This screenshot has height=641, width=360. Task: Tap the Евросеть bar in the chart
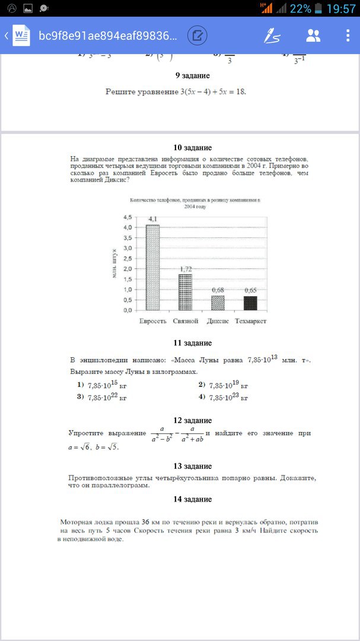[153, 267]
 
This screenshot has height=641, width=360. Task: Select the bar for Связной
[185, 291]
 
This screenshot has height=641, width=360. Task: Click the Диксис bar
[218, 303]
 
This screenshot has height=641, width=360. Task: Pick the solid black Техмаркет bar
[250, 303]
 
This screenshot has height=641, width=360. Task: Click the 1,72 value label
[185, 269]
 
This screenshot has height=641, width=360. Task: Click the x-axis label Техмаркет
[251, 321]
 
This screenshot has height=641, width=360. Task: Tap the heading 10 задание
[193, 148]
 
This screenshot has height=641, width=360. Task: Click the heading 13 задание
[193, 466]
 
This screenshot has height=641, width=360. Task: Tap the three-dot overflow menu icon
[348, 36]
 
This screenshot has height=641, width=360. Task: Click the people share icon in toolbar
[313, 36]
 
